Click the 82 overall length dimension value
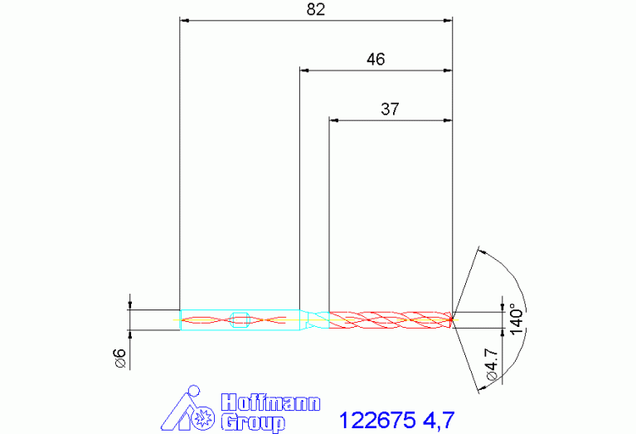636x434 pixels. pos(316,9)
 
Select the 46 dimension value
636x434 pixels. pos(376,59)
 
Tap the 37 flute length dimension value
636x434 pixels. pos(390,109)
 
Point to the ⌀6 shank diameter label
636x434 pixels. pos(121,358)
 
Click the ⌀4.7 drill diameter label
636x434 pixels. pos(491,363)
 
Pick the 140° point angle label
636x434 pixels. pos(517,319)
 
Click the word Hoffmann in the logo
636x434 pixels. pos(270,402)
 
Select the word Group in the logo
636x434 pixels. pos(253,422)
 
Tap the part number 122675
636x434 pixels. pos(377,420)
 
